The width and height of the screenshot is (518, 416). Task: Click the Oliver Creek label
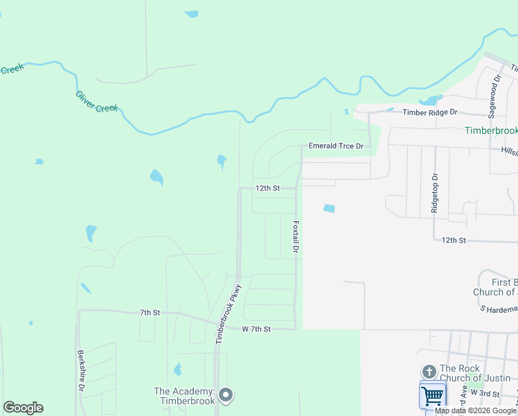97,103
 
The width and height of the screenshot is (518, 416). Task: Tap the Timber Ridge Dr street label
430,112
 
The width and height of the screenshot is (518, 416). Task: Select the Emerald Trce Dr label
336,146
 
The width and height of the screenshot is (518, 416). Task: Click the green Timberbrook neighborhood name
490,130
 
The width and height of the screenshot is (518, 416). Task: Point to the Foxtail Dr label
296,236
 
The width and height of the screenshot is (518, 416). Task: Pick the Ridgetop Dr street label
435,193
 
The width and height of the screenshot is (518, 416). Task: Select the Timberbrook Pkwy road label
228,314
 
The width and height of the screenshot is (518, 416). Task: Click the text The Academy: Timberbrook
184,396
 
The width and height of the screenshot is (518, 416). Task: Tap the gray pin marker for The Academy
225,396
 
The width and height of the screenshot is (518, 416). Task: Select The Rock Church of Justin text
475,373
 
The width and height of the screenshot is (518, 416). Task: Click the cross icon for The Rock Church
429,372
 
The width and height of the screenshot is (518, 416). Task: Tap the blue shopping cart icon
432,396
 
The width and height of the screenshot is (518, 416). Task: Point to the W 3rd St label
484,393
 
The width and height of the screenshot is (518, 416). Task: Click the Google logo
23,408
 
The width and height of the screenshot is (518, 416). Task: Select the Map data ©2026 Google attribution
476,410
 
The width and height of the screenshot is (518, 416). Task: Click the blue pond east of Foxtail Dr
328,208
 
